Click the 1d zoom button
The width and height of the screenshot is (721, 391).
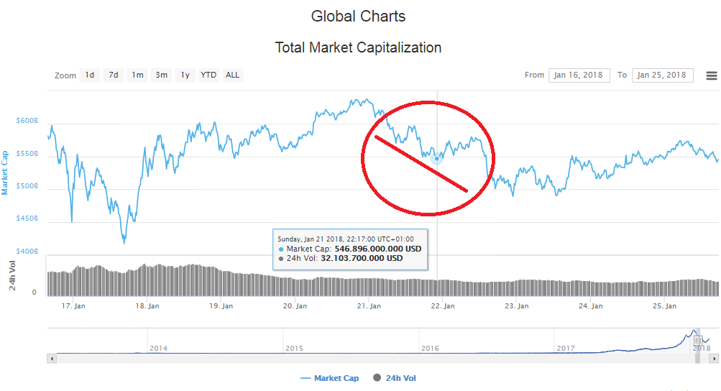(x=90, y=75)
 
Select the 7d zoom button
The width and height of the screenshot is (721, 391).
(x=114, y=75)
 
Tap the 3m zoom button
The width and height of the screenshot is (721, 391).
(x=162, y=75)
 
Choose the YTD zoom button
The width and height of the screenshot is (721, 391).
(x=208, y=75)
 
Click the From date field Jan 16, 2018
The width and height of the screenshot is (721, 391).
(x=579, y=75)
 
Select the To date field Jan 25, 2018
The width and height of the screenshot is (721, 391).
(x=662, y=75)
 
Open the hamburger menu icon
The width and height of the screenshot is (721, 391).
(x=712, y=75)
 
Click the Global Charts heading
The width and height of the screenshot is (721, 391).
(x=358, y=16)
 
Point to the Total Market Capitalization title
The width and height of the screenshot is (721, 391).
(x=358, y=48)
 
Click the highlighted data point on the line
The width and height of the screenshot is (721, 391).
(x=437, y=158)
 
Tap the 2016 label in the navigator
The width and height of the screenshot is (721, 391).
(x=430, y=348)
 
